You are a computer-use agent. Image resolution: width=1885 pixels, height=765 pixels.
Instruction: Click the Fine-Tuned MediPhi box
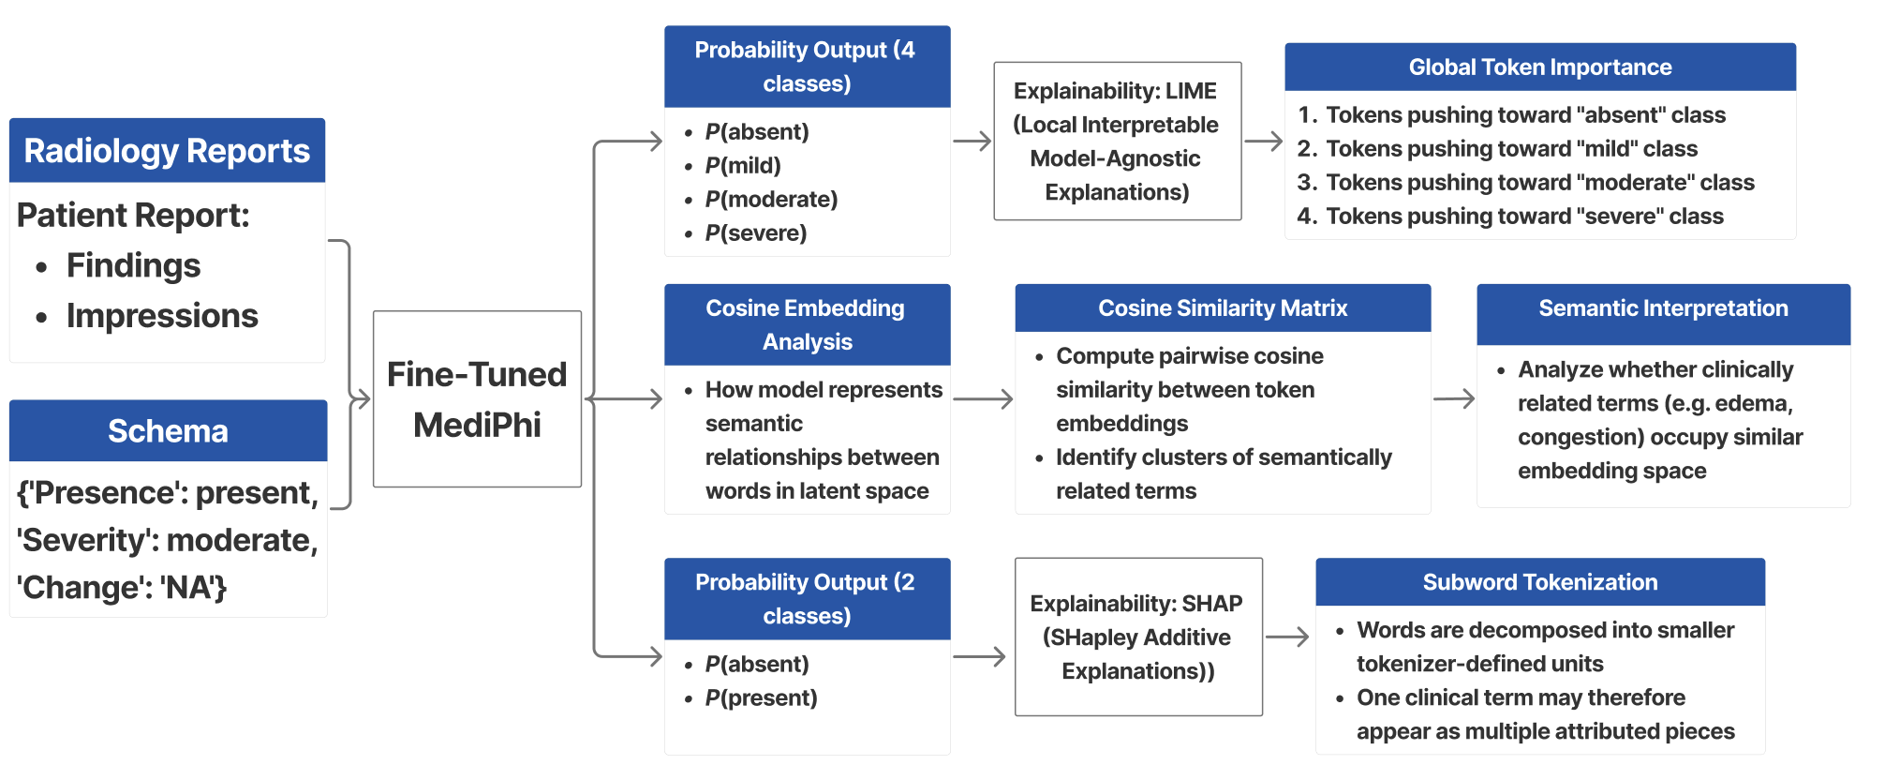click(477, 399)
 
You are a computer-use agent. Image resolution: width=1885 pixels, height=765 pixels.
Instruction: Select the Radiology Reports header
click(167, 151)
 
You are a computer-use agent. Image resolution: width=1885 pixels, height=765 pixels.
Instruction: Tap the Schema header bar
click(168, 431)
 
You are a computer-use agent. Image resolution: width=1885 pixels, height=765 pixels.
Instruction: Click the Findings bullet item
click(133, 266)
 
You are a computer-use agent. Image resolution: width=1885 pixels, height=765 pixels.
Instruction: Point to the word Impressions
click(162, 317)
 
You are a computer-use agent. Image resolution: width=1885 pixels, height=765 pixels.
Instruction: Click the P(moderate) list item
click(771, 200)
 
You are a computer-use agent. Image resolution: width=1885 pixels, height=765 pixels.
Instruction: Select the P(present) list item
click(761, 698)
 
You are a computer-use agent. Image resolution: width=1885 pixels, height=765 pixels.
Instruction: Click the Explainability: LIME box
click(1117, 142)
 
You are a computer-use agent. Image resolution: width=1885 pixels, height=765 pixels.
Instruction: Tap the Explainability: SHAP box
click(1137, 637)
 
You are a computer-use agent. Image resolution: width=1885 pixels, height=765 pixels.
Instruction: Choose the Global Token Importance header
click(1539, 67)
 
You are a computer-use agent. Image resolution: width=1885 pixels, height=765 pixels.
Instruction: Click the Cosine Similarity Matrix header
click(1222, 308)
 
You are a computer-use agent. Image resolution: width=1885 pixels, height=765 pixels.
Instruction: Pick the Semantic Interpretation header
click(1663, 308)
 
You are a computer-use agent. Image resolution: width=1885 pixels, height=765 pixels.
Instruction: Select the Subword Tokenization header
click(1539, 582)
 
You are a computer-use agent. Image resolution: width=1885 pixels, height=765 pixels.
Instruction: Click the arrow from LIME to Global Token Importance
click(1263, 142)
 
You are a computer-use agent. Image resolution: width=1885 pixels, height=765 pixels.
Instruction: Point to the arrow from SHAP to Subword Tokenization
click(1287, 637)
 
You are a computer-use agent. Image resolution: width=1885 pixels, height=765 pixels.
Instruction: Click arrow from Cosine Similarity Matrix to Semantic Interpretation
click(1454, 399)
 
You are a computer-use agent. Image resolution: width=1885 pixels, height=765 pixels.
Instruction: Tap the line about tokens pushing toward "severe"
click(1524, 217)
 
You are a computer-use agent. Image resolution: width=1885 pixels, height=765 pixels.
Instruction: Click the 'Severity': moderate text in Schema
click(167, 541)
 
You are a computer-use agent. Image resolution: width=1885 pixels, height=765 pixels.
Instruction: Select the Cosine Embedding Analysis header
click(806, 324)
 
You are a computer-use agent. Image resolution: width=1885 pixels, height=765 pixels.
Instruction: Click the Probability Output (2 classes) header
click(806, 599)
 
